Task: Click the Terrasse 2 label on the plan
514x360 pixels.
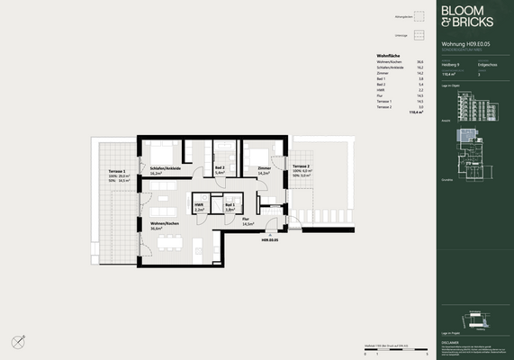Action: (302, 168)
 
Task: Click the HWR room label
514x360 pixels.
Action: (200, 204)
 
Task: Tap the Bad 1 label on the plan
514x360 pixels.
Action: (230, 204)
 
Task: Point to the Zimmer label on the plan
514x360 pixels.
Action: (264, 168)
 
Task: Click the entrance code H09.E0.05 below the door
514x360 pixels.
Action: (271, 240)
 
